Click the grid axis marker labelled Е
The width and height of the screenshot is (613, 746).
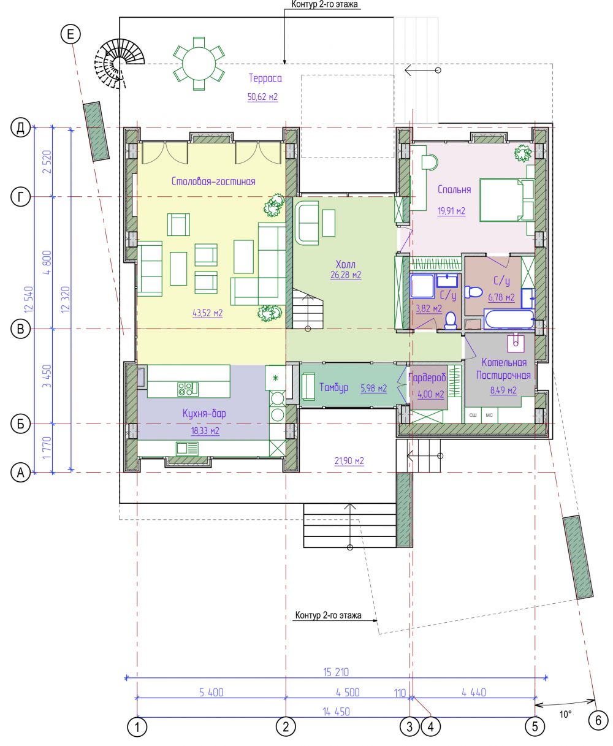point(70,34)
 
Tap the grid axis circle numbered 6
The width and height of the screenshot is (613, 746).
point(598,720)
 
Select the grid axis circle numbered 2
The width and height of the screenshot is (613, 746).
point(286,727)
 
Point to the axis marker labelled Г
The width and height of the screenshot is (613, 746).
point(20,197)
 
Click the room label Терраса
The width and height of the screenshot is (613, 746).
point(265,78)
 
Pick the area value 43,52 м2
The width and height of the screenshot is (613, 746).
point(208,313)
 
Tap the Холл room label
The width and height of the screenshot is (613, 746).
point(346,264)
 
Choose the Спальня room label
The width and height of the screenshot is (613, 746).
point(454,189)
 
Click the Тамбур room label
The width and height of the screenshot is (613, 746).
point(333,387)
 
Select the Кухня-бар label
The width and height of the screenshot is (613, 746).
point(204,413)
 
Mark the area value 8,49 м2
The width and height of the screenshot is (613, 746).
point(503,390)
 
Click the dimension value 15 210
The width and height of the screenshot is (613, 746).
point(336,672)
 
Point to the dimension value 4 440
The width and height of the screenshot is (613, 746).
point(474,692)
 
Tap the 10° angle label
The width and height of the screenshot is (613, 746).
point(565,714)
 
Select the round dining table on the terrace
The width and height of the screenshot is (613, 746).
point(199,64)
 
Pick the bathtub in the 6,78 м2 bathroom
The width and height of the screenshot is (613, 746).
point(509,319)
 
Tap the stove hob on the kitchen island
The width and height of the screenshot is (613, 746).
point(188,389)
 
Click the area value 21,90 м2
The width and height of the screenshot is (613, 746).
point(349,461)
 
